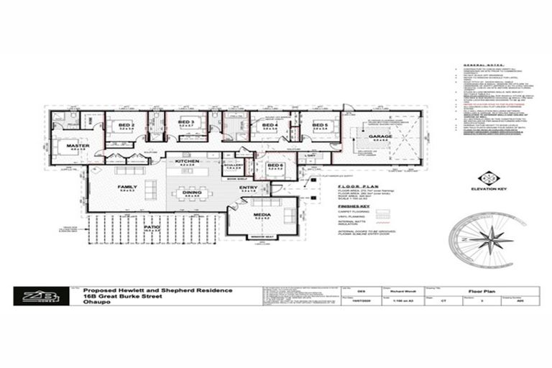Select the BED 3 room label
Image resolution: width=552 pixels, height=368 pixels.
(x=185, y=123)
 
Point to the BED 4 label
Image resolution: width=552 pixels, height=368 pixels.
(x=270, y=125)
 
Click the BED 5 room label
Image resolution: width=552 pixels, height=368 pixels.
(x=320, y=124)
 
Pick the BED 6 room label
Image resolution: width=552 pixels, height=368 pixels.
(x=275, y=165)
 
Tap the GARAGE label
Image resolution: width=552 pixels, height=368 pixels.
(x=381, y=136)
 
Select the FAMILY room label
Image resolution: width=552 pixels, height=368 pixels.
(x=128, y=187)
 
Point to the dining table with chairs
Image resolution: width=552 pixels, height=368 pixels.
(x=192, y=198)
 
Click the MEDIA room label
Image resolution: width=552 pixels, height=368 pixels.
(x=262, y=215)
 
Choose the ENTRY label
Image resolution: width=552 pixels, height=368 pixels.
(x=249, y=188)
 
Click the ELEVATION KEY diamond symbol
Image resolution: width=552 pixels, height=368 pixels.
(x=488, y=178)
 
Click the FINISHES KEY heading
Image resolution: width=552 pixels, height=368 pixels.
(x=354, y=204)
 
